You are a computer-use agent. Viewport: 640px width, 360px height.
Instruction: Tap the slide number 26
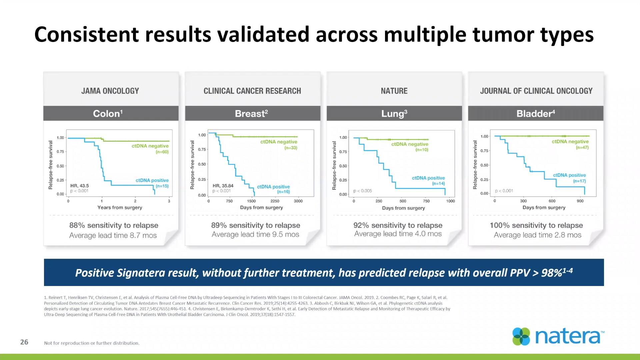click(x=24, y=342)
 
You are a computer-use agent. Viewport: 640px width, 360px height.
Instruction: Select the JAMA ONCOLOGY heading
click(x=110, y=91)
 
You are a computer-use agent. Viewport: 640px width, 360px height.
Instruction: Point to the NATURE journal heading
click(x=394, y=91)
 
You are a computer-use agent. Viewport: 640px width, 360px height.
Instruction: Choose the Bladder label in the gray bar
click(x=535, y=114)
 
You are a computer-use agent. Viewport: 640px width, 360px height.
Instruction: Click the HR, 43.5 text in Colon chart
click(x=80, y=186)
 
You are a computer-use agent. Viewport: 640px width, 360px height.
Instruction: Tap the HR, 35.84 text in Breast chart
click(x=223, y=186)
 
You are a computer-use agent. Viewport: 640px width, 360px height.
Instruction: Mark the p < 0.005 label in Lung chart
click(x=363, y=191)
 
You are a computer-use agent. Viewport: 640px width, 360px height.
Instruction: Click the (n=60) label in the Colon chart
click(x=162, y=152)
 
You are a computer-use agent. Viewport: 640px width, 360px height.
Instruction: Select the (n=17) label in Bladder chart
click(x=579, y=181)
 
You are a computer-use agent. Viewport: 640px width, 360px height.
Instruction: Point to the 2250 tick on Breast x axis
click(x=275, y=201)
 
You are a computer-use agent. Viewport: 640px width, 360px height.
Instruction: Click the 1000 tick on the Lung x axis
click(x=450, y=201)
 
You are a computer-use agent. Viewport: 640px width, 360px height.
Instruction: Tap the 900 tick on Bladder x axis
click(x=580, y=201)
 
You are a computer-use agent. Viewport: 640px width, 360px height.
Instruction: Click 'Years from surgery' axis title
click(x=120, y=207)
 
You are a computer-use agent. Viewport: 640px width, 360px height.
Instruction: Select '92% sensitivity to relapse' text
click(x=398, y=225)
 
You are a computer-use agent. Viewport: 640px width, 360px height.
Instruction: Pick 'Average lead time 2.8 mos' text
click(x=537, y=235)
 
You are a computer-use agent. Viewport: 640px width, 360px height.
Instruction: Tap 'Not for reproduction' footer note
click(x=92, y=343)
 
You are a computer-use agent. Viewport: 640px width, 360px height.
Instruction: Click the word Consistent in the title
click(x=87, y=34)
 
